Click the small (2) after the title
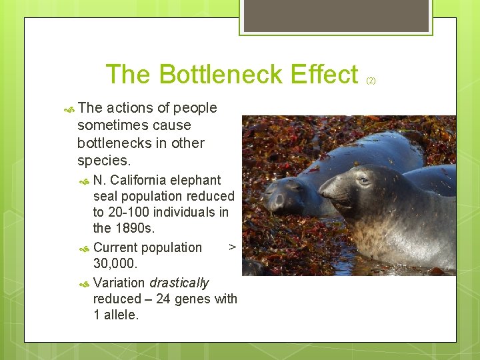371,81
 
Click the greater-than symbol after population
232,247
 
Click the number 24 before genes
163,299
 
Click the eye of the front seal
363,180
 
